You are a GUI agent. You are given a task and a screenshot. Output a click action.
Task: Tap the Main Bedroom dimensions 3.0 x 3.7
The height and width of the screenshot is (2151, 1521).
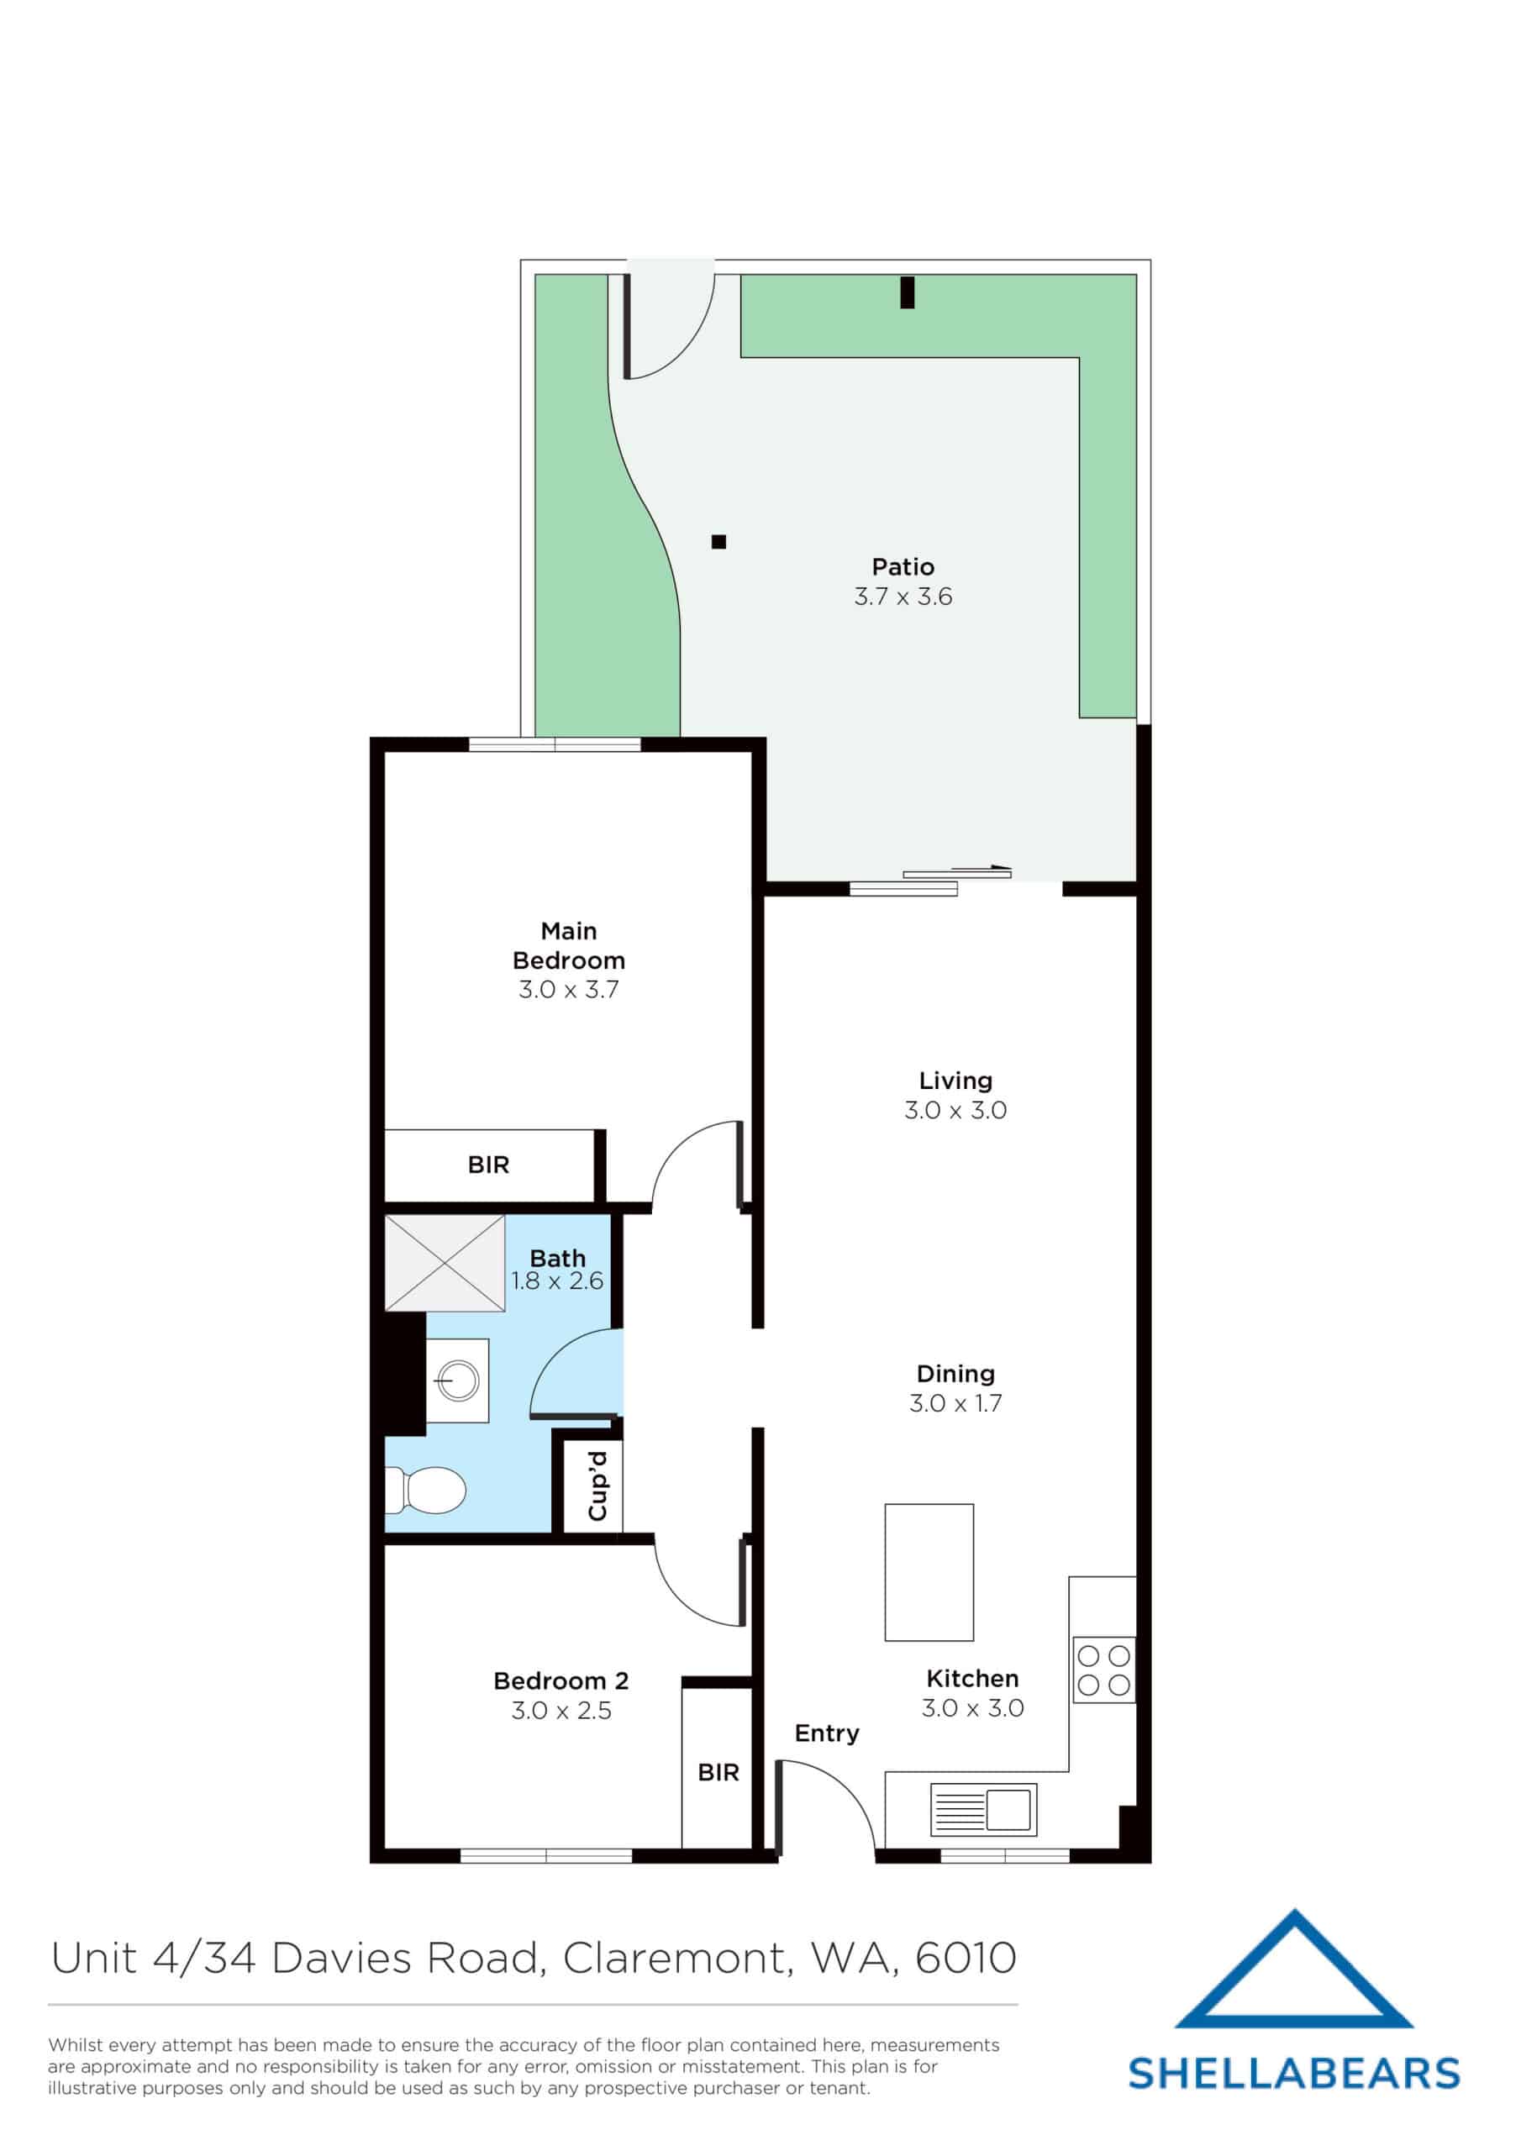568,991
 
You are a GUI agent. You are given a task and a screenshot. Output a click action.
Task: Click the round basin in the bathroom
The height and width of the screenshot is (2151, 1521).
458,1381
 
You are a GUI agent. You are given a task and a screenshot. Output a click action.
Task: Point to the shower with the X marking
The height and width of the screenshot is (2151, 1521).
445,1263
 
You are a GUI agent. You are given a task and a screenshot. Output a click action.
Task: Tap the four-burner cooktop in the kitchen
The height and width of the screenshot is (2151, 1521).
1103,1670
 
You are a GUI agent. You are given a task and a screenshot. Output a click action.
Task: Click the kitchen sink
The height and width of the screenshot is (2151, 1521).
984,1809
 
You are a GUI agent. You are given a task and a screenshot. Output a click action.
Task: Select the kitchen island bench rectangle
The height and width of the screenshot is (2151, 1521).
929,1572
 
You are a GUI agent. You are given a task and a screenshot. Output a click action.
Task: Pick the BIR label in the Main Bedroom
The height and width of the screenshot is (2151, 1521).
488,1165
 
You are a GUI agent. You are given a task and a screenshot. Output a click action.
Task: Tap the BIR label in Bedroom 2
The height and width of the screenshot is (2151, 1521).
718,1773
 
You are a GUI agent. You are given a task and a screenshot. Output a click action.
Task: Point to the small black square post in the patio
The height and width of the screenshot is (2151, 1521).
718,541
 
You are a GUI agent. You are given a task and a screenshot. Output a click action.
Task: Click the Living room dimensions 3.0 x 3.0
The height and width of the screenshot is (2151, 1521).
954,1111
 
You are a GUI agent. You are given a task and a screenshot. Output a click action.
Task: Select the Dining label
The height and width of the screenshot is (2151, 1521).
955,1374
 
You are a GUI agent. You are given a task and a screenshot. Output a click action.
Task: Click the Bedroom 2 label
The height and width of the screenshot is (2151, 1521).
561,1680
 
